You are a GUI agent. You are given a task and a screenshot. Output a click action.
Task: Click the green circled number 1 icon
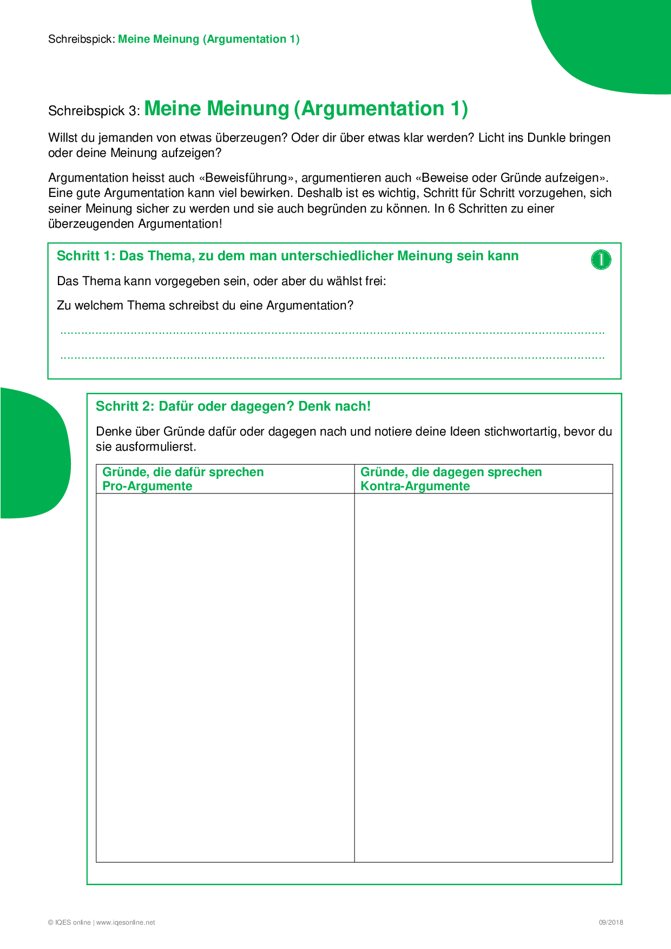[601, 260]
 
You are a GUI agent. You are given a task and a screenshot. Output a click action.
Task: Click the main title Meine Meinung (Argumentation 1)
[306, 109]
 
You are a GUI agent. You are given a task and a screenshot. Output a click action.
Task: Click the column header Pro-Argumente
[147, 486]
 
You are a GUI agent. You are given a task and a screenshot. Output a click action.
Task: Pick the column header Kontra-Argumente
[415, 486]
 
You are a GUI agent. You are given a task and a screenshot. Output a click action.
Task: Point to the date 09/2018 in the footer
[610, 922]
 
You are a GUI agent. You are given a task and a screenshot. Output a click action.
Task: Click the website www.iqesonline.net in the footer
[126, 922]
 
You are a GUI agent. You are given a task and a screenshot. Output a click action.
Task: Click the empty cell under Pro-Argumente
[225, 676]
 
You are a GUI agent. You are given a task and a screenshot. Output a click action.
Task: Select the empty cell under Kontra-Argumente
[483, 676]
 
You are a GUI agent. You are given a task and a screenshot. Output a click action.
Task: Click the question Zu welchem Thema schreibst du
[205, 306]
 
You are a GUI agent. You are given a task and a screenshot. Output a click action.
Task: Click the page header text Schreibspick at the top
[81, 39]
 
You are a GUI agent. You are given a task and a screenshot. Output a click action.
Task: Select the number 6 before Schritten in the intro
[451, 209]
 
